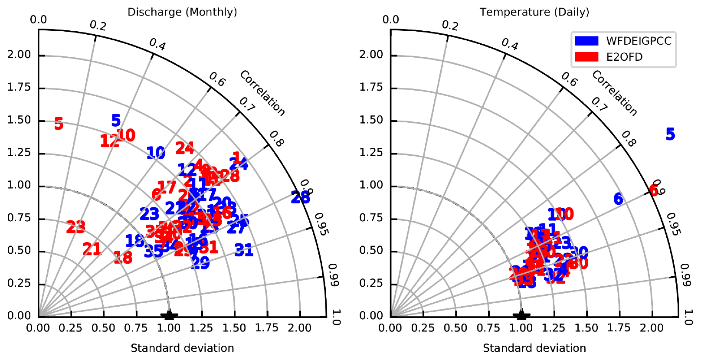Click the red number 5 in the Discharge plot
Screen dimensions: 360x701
[59, 124]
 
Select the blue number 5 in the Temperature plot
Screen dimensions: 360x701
[670, 134]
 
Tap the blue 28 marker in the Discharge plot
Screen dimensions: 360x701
[300, 198]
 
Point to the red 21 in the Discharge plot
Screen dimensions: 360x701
[92, 249]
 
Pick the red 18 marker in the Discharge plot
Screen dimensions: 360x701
[123, 258]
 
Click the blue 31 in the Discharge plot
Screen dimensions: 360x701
[243, 250]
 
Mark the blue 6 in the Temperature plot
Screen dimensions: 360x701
[618, 199]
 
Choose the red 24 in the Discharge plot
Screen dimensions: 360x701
[184, 148]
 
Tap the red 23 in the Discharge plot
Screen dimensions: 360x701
[76, 226]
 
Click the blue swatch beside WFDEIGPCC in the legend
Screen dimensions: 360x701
[586, 41]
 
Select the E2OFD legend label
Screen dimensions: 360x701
[624, 57]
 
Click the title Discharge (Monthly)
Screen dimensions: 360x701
[182, 12]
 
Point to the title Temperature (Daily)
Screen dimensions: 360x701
[534, 12]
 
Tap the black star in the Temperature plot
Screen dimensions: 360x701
[521, 315]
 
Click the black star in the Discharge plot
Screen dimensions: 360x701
[169, 315]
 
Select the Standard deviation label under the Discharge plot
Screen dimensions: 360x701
[182, 348]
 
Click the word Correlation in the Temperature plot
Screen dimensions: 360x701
[614, 93]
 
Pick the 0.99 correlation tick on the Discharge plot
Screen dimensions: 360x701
[333, 275]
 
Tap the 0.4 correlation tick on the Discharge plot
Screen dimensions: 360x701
[157, 44]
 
